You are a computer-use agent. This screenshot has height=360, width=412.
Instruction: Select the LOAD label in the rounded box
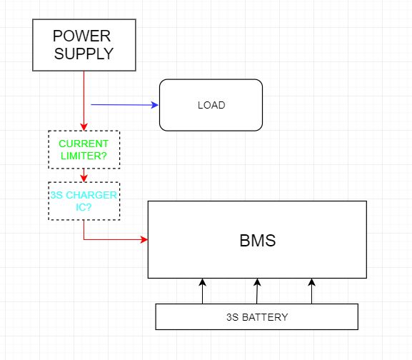pyautogui.click(x=211, y=105)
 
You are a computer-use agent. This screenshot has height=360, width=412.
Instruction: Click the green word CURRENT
pyautogui.click(x=84, y=144)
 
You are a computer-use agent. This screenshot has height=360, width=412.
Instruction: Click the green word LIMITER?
pyautogui.click(x=84, y=155)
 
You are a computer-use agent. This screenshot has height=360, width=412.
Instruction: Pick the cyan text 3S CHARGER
pyautogui.click(x=84, y=195)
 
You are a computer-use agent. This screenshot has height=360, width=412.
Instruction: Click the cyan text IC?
pyautogui.click(x=84, y=206)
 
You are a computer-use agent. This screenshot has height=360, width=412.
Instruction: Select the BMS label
pyautogui.click(x=257, y=241)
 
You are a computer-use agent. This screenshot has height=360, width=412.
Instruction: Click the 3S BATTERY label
pyautogui.click(x=256, y=317)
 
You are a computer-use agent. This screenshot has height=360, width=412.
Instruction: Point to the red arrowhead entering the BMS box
pyautogui.click(x=144, y=239)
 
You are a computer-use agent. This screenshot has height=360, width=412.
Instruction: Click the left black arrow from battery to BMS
pyautogui.click(x=202, y=291)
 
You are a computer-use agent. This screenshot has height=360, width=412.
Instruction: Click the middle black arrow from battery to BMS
pyautogui.click(x=257, y=291)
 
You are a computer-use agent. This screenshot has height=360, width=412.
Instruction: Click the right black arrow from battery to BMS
pyautogui.click(x=311, y=291)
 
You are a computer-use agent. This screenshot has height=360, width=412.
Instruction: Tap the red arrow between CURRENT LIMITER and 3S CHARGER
pyautogui.click(x=84, y=174)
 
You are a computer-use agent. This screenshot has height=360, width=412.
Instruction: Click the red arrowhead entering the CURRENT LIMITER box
pyautogui.click(x=84, y=127)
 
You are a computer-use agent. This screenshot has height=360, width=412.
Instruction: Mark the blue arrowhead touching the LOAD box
pyautogui.click(x=155, y=105)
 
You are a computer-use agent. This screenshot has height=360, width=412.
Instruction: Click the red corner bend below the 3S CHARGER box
pyautogui.click(x=84, y=239)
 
